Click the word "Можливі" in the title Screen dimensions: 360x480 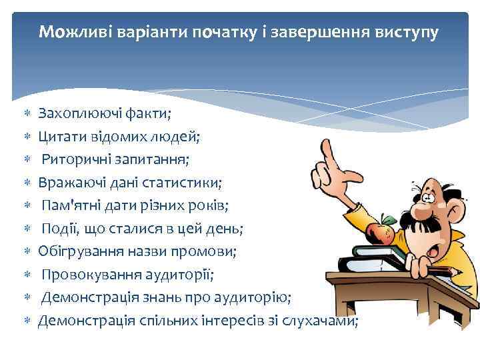[x=71, y=31]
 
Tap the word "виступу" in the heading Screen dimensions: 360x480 [x=407, y=31]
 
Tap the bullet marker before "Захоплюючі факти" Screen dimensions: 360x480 [x=27, y=115]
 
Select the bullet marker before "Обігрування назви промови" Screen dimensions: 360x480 [x=27, y=252]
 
